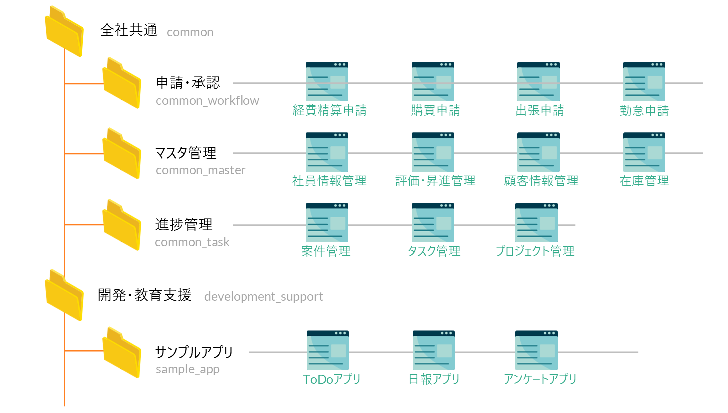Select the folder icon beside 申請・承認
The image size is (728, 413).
[122, 83]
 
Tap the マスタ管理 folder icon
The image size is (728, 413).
[122, 154]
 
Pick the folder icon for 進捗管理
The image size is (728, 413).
[122, 225]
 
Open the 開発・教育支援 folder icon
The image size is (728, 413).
[64, 296]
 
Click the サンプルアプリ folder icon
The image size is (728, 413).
[122, 353]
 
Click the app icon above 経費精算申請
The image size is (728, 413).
[327, 82]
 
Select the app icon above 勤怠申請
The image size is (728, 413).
[644, 82]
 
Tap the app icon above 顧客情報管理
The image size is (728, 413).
[538, 152]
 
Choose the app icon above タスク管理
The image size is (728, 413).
[433, 223]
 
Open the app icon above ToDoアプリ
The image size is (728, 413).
[328, 350]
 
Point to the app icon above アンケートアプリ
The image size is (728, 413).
[536, 350]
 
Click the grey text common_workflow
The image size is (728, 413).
[208, 101]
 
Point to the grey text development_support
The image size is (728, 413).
[263, 297]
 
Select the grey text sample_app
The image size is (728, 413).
[188, 369]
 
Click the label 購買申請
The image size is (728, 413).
[436, 110]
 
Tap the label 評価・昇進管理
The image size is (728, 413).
[435, 181]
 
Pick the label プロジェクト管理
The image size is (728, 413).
[535, 251]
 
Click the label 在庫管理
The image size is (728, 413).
[644, 181]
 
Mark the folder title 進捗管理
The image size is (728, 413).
[184, 225]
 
